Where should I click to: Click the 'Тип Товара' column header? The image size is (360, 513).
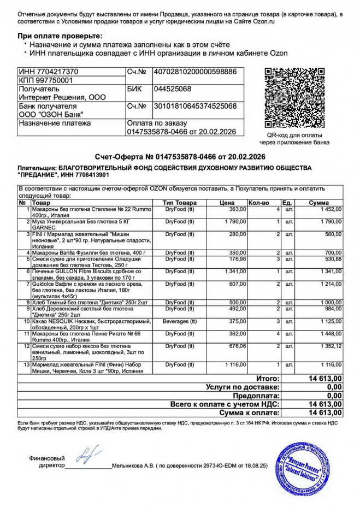tap(180, 203)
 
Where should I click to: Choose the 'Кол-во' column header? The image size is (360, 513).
tap(259, 203)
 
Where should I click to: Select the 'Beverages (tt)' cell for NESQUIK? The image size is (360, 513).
tap(180, 321)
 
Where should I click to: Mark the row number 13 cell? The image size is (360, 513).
tap(25, 364)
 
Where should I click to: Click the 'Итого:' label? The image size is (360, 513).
tap(268, 378)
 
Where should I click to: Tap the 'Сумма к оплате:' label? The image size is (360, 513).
tap(250, 412)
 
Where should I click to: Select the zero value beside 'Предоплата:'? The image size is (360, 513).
tap(334, 395)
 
